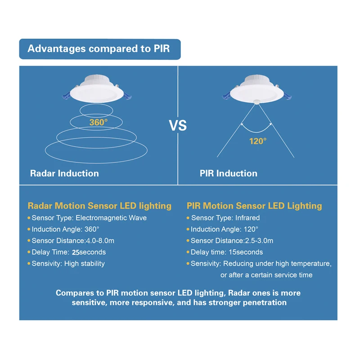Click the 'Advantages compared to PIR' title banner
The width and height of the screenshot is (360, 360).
pos(99,49)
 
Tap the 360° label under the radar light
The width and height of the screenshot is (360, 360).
pos(98,122)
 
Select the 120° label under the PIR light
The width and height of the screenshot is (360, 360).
pos(258,141)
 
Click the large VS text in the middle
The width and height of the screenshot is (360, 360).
pos(178,125)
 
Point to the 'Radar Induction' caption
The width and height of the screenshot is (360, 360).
pos(64,173)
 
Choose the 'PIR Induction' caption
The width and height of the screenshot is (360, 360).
pos(229,173)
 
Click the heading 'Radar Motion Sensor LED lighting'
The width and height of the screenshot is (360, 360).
pos(99,206)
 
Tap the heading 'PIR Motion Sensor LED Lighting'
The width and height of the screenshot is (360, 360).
pos(254,206)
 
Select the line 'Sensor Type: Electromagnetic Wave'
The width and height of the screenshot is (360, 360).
pos(89,218)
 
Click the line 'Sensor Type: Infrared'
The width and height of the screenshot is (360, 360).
pos(225,218)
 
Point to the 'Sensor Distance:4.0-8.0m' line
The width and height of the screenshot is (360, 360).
pos(73,241)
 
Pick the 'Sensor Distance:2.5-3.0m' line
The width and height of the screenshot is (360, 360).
pos(232,241)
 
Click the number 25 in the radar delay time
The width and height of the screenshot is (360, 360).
pos(75,252)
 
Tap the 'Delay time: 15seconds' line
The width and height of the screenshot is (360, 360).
pos(227,252)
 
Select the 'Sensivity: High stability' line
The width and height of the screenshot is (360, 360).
pos(68,264)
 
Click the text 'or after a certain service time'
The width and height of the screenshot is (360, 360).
pos(266,275)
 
